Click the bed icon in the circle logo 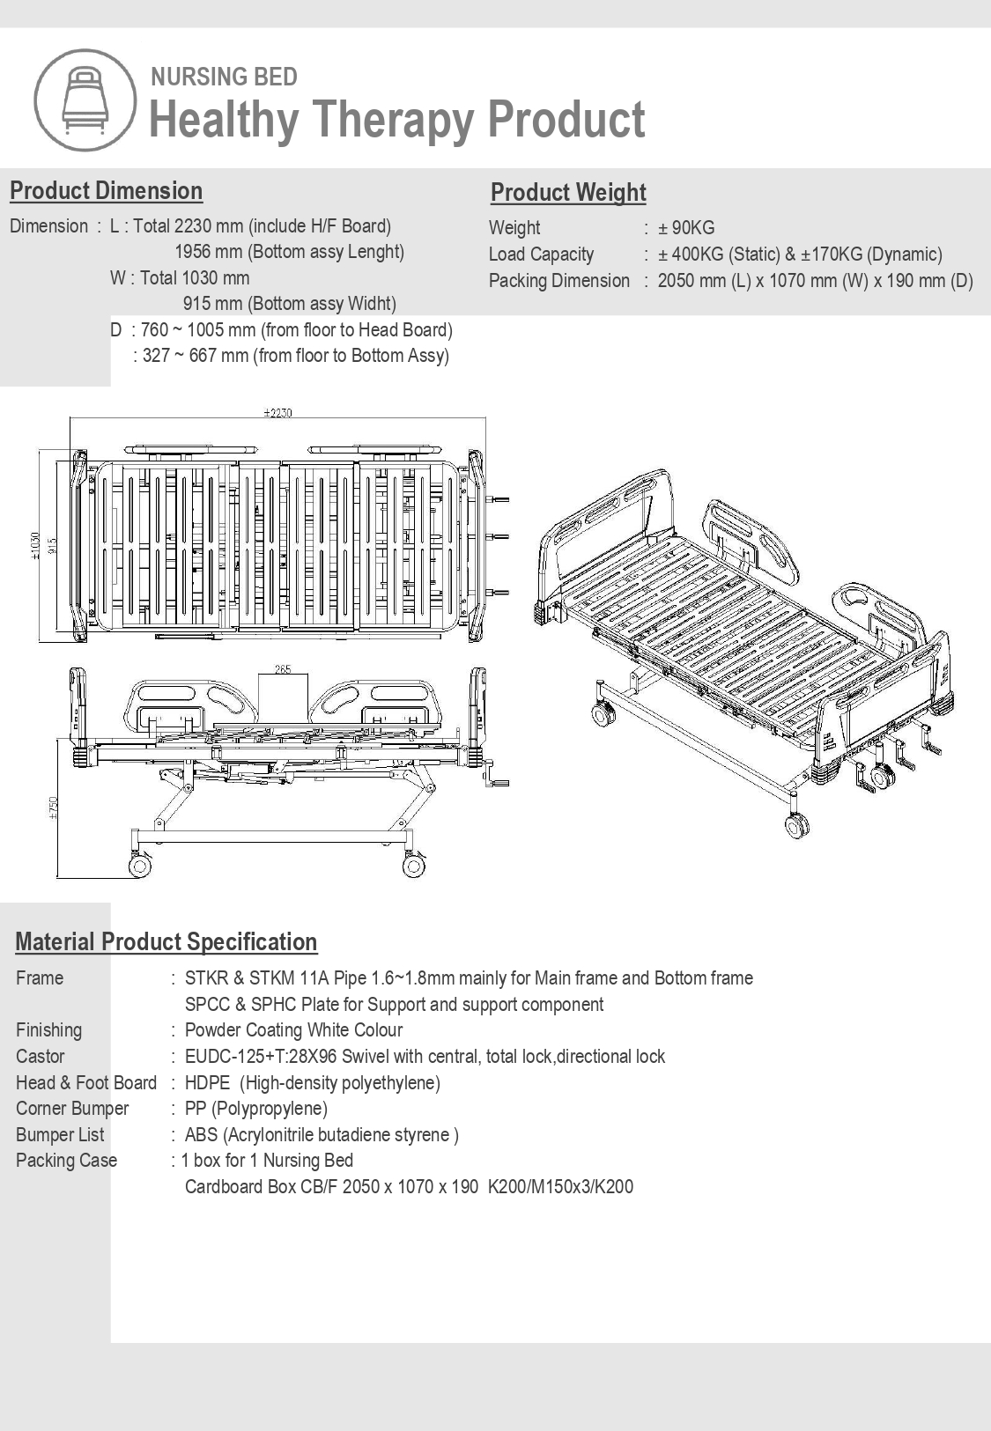click(x=85, y=100)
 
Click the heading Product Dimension click(x=106, y=191)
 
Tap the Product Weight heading click(x=568, y=193)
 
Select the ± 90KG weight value click(x=686, y=228)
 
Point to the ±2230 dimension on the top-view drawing click(x=277, y=412)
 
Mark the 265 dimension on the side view click(x=283, y=669)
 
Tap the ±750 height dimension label click(x=53, y=808)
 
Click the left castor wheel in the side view click(x=139, y=866)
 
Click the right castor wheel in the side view click(x=413, y=867)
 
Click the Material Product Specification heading click(x=166, y=942)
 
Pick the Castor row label click(x=41, y=1057)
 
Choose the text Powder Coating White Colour click(x=293, y=1030)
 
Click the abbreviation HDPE click(x=208, y=1082)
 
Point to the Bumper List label click(x=60, y=1135)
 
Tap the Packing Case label click(x=66, y=1161)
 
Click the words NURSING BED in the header click(x=224, y=77)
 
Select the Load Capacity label click(x=541, y=254)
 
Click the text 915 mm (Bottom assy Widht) click(x=289, y=304)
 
